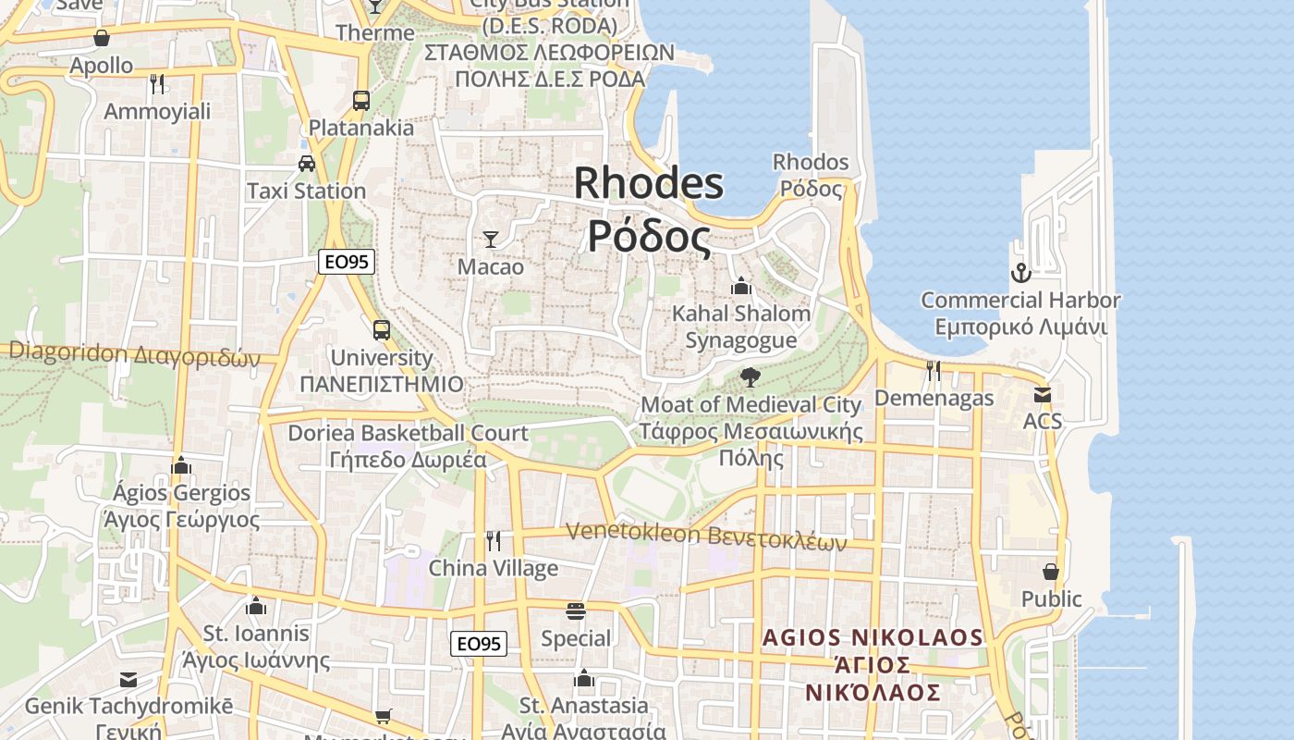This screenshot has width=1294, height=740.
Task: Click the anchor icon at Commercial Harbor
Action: [x=1020, y=273]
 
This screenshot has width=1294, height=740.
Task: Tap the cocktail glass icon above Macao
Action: [x=491, y=240]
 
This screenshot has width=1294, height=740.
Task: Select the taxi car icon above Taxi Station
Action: [x=307, y=164]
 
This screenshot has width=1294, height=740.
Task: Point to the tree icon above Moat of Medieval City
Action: [x=751, y=376]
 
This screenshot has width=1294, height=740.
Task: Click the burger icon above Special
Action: [x=576, y=610]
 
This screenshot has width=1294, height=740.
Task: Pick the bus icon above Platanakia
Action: [x=361, y=100]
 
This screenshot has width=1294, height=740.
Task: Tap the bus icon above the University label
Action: [x=381, y=329]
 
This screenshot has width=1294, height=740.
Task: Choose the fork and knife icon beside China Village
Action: [x=494, y=540]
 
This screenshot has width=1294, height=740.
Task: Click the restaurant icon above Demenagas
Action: [x=934, y=371]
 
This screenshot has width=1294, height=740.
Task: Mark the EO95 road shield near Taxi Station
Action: [x=347, y=262]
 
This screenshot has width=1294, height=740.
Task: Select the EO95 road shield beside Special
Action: [x=479, y=643]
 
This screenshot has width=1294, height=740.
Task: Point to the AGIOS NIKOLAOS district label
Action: [x=873, y=637]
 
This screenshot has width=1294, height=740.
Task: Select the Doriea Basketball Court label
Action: [x=408, y=433]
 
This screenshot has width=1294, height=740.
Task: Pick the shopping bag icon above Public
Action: [x=1051, y=572]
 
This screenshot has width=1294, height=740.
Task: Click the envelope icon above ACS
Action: [x=1043, y=395]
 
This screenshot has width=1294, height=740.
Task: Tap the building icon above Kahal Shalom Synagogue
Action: [x=740, y=287]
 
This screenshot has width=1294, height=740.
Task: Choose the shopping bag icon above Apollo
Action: [x=102, y=38]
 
